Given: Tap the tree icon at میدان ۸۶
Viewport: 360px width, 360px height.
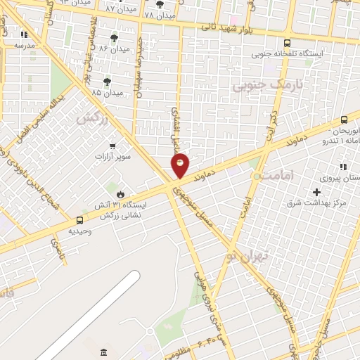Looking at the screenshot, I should coord(114,38).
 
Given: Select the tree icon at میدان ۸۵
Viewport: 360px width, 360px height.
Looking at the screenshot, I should coord(107,82).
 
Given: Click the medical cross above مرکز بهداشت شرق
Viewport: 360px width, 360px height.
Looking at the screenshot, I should coord(316,192).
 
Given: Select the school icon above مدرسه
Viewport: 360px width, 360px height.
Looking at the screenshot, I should coord(24,34).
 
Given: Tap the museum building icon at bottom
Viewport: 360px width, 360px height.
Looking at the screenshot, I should coord(103,351).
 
